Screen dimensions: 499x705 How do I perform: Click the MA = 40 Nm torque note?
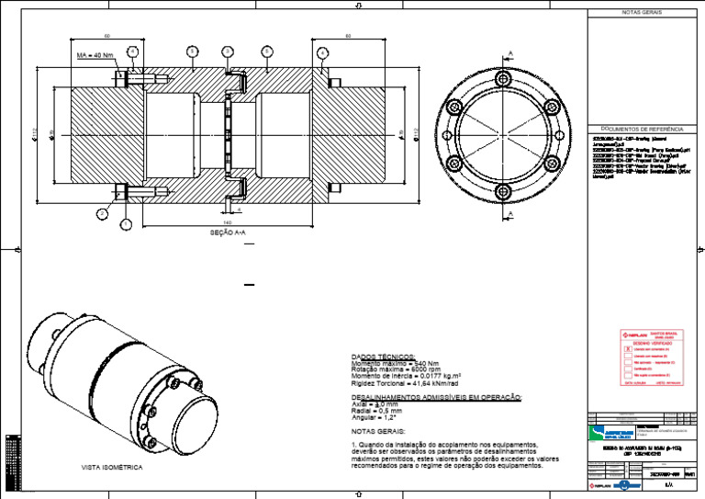tap(95, 55)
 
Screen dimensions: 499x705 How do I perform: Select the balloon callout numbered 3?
tap(228, 51)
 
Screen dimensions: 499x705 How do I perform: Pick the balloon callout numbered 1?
tap(126, 223)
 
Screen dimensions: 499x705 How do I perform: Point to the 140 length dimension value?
tap(227, 222)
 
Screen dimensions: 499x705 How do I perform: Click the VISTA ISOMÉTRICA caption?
tap(112, 468)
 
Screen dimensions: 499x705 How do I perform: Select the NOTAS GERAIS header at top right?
tap(641, 13)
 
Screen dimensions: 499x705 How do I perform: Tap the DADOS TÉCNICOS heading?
tap(383, 357)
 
